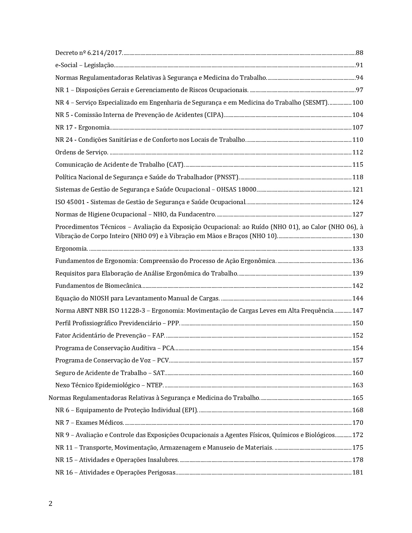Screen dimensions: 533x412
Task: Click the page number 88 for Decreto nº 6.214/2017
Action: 359,53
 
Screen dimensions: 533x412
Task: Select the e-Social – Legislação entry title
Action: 84,65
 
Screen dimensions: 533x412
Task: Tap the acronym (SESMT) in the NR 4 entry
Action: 315,103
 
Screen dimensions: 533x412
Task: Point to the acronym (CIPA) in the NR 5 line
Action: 214,115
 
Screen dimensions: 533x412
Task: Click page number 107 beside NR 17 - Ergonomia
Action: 358,128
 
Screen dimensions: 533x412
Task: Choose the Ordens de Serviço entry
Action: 81,152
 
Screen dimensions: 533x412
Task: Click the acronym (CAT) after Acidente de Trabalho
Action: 175,165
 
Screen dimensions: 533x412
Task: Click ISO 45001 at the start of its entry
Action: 70,202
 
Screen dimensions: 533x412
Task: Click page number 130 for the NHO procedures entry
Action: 358,236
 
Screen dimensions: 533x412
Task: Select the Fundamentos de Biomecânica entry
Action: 98,286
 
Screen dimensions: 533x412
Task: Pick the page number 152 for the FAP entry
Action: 358,336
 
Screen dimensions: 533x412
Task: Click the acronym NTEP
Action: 154,385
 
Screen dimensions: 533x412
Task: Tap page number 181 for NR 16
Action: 358,473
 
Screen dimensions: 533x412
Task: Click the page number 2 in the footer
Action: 50,504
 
